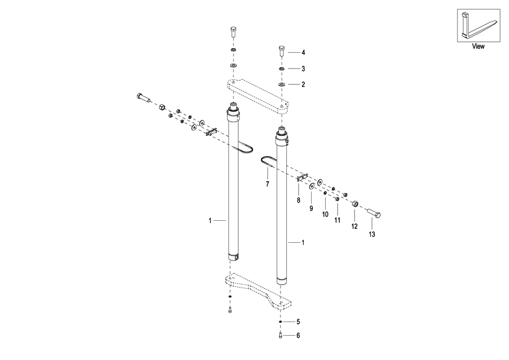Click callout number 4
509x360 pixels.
pos(303,52)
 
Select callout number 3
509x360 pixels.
pos(303,68)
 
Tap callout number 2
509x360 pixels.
pos(303,84)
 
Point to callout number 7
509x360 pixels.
pos(268,184)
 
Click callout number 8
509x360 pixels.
pos(299,200)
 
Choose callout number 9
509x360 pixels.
pos(311,208)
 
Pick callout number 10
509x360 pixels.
pos(325,214)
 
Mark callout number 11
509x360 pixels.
pos(338,220)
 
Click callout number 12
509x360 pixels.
pos(355,226)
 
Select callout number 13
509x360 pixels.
pos(372,234)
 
